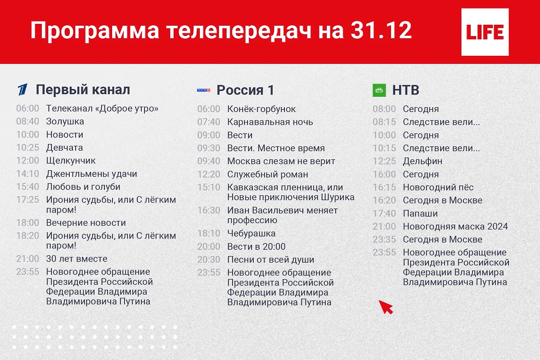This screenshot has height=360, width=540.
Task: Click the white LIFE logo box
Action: tap(485, 32)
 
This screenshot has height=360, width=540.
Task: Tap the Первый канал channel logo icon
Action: tap(22, 90)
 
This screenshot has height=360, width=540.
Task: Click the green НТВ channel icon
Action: tap(379, 90)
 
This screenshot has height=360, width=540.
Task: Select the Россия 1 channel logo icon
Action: tap(204, 90)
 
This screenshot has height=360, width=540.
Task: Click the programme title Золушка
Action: tap(65, 121)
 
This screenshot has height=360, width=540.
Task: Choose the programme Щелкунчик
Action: tap(71, 161)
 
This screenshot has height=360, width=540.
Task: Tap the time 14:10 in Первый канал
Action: tap(27, 174)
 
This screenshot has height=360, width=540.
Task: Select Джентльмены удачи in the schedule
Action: tap(91, 174)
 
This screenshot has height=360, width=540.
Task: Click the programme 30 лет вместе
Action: tap(76, 259)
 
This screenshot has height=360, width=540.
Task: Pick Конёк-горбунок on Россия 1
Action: tap(261, 109)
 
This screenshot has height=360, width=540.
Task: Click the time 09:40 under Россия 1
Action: tap(209, 161)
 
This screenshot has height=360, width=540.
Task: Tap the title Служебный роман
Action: tap(268, 174)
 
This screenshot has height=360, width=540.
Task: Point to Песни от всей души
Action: tap(270, 260)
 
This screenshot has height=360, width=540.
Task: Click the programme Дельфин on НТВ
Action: tap(423, 161)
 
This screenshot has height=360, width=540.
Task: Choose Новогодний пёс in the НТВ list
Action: tap(438, 187)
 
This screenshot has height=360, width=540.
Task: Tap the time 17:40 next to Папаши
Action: tap(384, 213)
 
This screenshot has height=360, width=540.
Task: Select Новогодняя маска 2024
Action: tap(455, 226)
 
